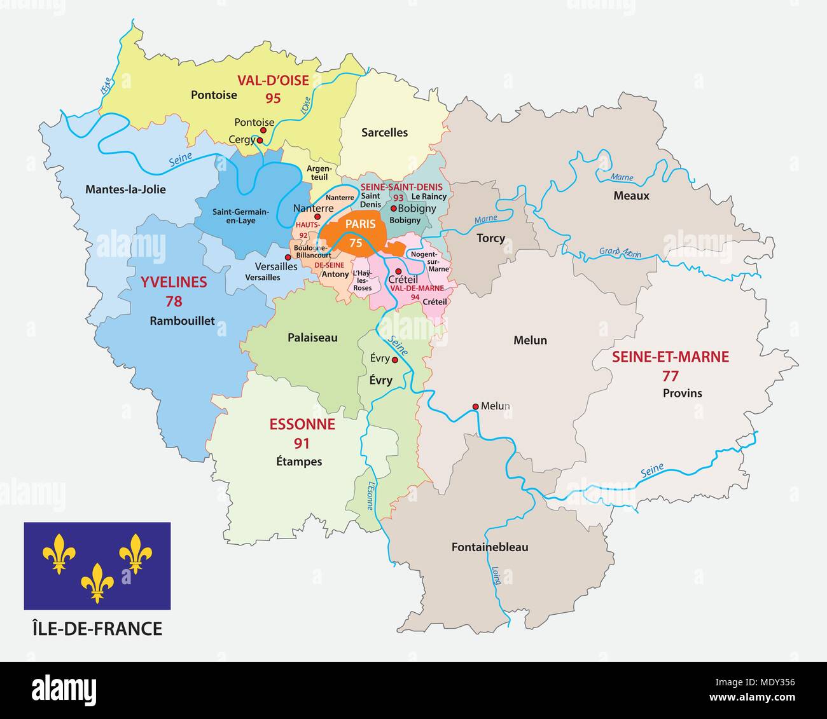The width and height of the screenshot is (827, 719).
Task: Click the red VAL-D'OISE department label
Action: coord(273,81)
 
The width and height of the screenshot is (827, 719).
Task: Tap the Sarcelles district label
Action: coord(384,133)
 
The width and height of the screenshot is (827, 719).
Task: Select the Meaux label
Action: coord(631,196)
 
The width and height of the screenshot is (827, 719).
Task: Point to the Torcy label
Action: coord(490,238)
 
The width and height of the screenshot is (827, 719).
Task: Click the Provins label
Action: coord(682,394)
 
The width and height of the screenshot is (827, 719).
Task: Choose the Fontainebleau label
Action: coord(489,547)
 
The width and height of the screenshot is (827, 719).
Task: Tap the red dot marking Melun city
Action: coord(475,406)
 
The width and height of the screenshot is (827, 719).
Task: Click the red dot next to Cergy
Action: coord(260,140)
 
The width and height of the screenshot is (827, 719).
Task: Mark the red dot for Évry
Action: coord(394,360)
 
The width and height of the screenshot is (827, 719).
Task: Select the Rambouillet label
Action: coord(182,321)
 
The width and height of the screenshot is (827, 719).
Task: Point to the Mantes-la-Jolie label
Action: coord(125,189)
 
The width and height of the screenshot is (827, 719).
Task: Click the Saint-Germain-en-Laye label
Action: coord(240,216)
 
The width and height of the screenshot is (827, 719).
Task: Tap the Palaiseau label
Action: coord(312,338)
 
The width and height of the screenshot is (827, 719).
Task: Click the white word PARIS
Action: coord(360,224)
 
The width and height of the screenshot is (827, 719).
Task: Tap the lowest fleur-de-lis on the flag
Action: coord(97,582)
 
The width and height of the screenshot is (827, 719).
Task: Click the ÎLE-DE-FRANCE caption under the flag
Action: coord(97,629)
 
